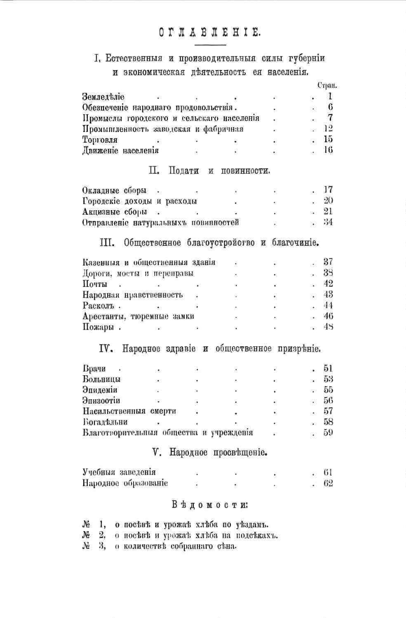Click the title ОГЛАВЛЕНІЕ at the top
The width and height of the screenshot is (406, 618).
pos(210,34)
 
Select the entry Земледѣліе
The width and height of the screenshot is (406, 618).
pos(103,96)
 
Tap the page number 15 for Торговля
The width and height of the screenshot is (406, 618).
pos(328,139)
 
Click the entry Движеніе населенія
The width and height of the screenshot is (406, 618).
pos(120,150)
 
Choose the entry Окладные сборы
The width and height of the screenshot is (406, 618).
pos(114,190)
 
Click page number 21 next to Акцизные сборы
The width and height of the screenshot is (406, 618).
pos(328,211)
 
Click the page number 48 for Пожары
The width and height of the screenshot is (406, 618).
pos(328,327)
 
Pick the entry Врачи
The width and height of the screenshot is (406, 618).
pos(93,369)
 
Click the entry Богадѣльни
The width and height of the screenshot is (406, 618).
pos(105,422)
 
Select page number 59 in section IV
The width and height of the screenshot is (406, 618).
pos(328,433)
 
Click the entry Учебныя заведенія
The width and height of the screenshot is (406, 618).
pos(119,472)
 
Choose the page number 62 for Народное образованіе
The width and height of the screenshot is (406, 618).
pos(328,483)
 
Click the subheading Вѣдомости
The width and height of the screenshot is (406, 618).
pos(210,504)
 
